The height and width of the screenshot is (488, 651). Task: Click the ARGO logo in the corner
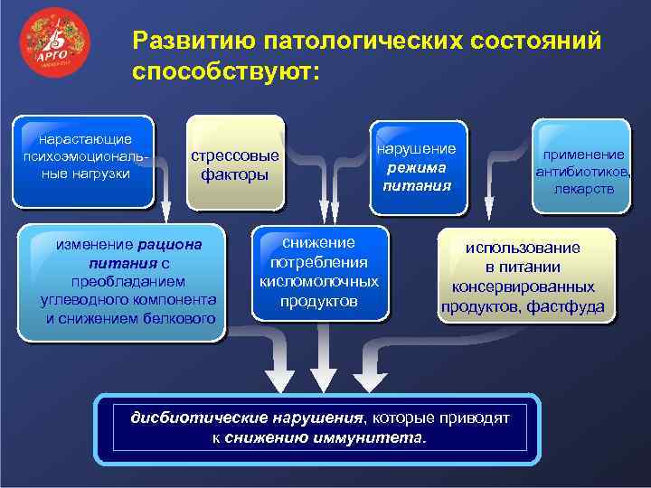coord(56,47)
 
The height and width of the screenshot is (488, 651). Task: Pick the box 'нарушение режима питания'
coord(417,167)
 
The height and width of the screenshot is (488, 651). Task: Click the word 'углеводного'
coord(101,299)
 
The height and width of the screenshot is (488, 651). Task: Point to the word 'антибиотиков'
coord(581,172)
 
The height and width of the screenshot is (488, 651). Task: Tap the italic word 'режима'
coord(417,167)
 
